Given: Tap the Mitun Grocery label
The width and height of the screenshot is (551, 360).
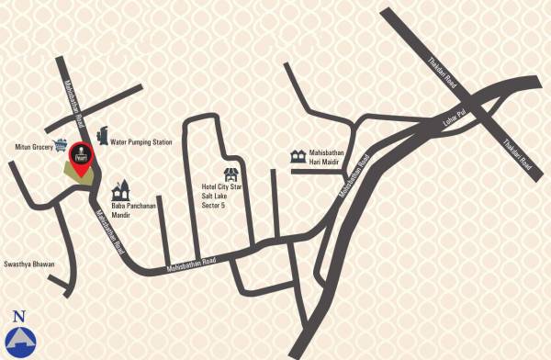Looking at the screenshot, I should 34,146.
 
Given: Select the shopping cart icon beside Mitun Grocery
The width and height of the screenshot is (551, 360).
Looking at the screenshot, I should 62,144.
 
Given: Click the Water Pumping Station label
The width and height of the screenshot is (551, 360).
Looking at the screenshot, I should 141,142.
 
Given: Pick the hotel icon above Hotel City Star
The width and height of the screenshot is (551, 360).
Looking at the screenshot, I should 231,171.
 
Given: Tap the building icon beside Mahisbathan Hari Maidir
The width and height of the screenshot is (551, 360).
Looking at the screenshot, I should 298,156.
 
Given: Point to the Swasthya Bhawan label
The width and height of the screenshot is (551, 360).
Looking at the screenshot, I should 28,264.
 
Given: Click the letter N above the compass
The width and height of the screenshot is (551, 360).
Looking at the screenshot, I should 19,316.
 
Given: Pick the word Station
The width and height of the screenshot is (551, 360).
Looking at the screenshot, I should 160,142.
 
